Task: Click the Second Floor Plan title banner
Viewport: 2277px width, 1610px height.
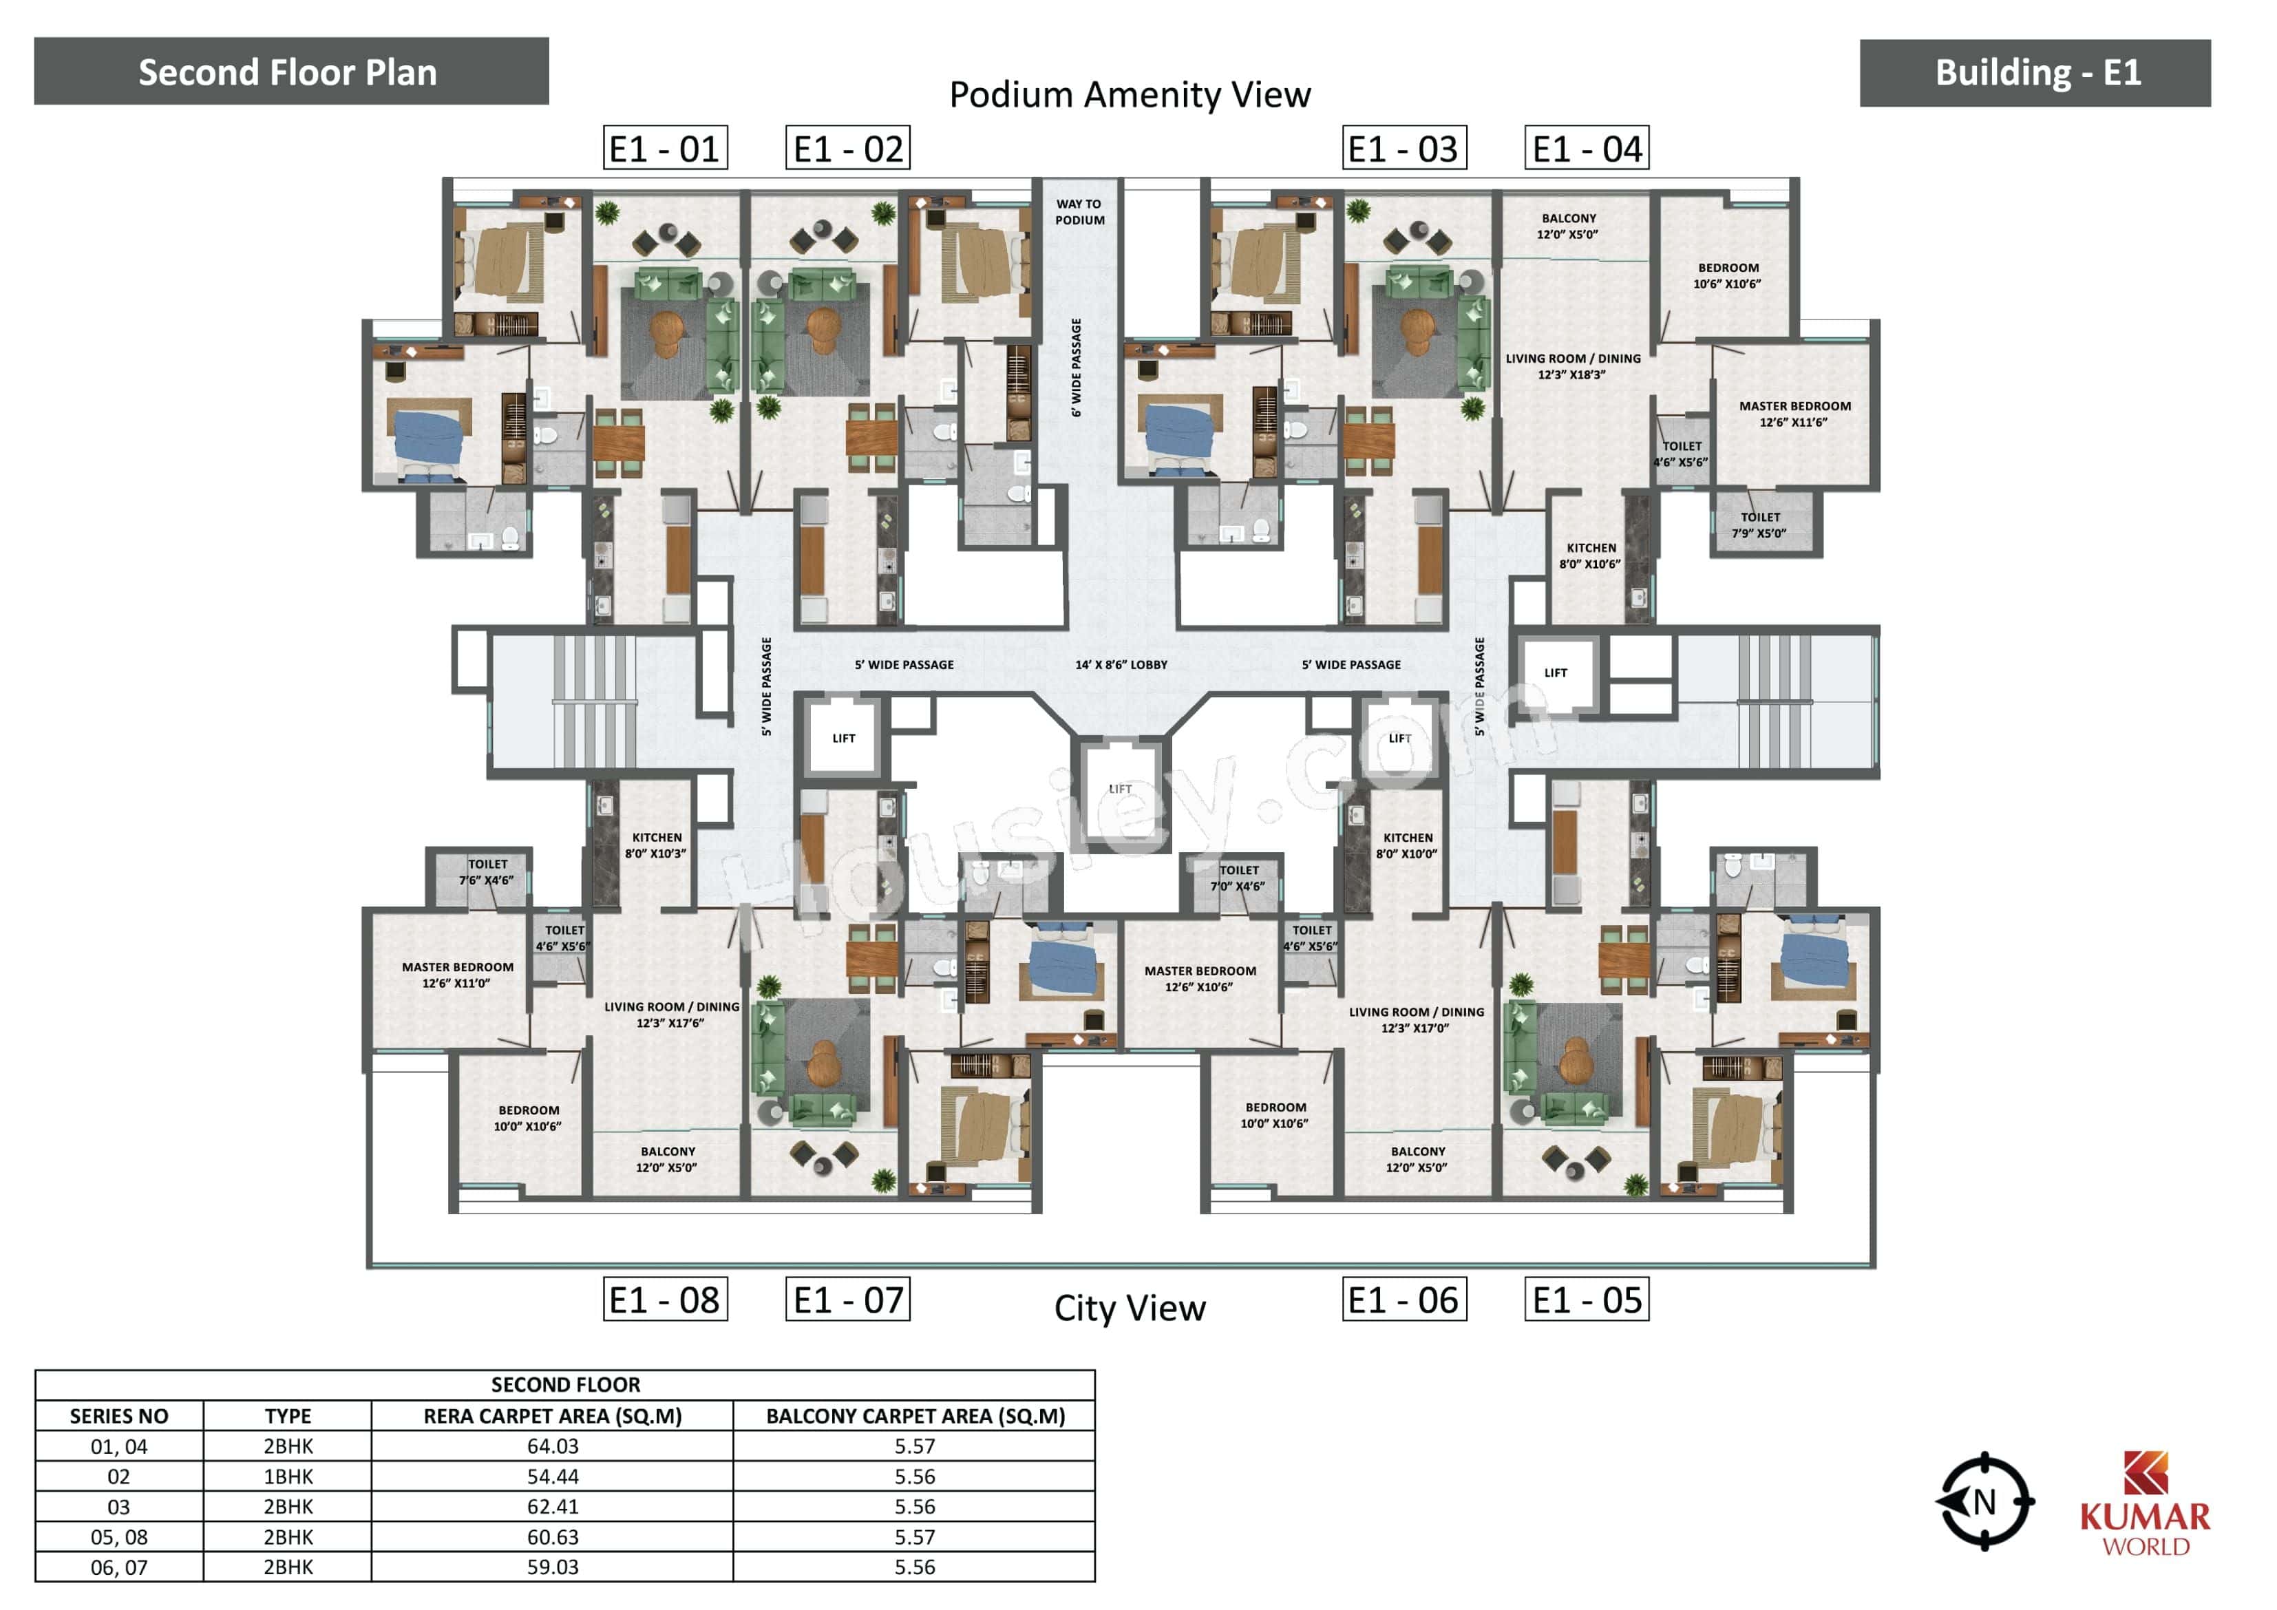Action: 290,72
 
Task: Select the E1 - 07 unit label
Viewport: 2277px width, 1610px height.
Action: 848,1300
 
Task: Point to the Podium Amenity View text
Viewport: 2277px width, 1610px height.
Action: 1129,95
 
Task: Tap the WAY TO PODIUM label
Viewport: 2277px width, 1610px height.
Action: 1079,212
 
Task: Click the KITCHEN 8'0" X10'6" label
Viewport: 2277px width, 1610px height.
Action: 1590,555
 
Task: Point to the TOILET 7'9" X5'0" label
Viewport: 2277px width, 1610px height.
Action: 1759,525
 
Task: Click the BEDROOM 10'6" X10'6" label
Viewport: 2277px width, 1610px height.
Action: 1728,276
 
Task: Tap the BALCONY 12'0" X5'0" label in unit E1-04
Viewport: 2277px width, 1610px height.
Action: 1568,226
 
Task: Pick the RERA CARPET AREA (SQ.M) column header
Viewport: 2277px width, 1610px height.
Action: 553,1417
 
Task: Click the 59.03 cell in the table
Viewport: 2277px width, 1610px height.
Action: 553,1567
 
